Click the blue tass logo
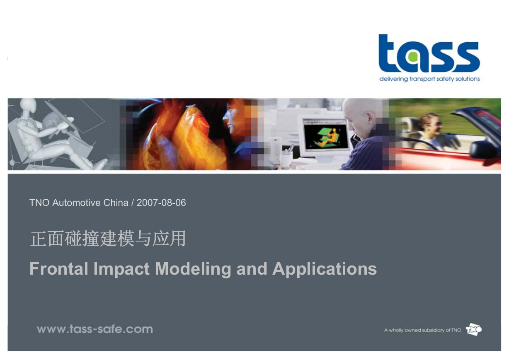click(429, 53)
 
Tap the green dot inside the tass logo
click(413, 57)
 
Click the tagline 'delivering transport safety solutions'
click(429, 79)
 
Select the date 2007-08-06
click(161, 203)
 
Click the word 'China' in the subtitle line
click(116, 203)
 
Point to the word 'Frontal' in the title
click(58, 269)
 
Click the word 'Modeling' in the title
click(193, 269)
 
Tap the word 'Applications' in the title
click(325, 269)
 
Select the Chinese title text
click(108, 239)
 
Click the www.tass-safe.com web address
click(95, 329)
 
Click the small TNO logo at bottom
click(474, 329)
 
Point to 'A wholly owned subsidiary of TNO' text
click(423, 330)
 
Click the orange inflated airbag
click(179, 136)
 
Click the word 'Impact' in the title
click(121, 269)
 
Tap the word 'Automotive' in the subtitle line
click(76, 203)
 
